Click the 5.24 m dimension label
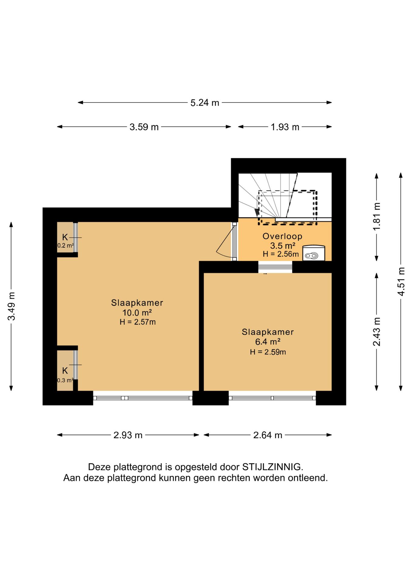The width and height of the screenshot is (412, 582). pyautogui.click(x=205, y=103)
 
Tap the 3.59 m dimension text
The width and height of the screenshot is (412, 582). pyautogui.click(x=144, y=127)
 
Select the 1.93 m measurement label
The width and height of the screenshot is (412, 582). pyautogui.click(x=285, y=127)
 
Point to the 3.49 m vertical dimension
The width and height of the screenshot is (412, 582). pyautogui.click(x=12, y=306)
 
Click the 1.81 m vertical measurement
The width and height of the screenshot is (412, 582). pyautogui.click(x=377, y=216)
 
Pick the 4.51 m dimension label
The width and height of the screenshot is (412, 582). pyautogui.click(x=401, y=282)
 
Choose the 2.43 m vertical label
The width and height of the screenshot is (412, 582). pyautogui.click(x=377, y=332)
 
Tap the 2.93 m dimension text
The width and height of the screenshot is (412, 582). pyautogui.click(x=128, y=435)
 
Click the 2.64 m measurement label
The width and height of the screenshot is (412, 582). pyautogui.click(x=268, y=435)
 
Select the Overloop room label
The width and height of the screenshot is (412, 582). pyautogui.click(x=282, y=236)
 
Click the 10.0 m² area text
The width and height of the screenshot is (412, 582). pyautogui.click(x=137, y=313)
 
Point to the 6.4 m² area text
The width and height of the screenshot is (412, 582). pyautogui.click(x=268, y=342)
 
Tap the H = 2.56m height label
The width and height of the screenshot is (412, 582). pyautogui.click(x=281, y=254)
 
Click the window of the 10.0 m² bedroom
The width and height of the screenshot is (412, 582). pyautogui.click(x=143, y=398)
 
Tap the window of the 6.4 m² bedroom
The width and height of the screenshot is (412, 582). pyautogui.click(x=272, y=398)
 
